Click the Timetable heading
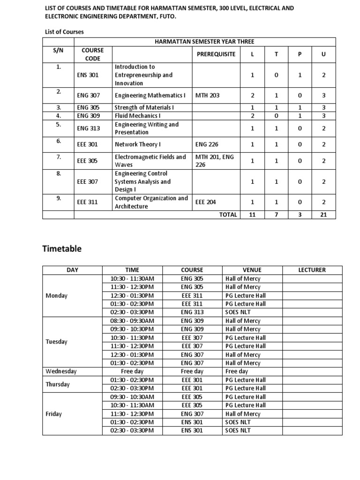(62, 249)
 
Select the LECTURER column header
(312, 270)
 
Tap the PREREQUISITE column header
(216, 54)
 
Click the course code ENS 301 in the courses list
(87, 75)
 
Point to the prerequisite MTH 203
(207, 95)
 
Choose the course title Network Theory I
(136, 145)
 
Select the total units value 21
(323, 215)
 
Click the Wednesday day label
(61, 371)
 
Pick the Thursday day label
(58, 384)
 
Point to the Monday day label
(56, 295)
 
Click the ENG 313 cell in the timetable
(192, 312)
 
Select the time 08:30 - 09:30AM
(132, 321)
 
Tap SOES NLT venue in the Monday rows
(239, 312)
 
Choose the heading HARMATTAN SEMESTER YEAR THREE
(204, 42)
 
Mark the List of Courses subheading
(64, 32)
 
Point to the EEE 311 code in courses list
(87, 202)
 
